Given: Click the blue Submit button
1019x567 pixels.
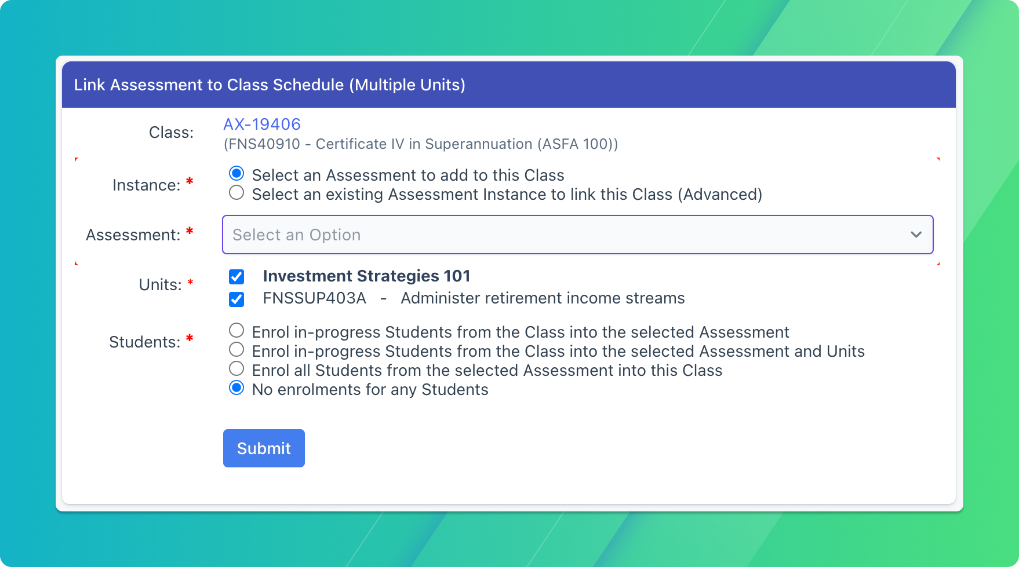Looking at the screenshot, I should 264,448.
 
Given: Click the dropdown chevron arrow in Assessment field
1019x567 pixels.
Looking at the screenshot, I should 916,235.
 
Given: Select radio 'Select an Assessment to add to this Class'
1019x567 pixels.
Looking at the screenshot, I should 236,174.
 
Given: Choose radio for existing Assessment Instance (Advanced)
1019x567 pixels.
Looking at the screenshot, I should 236,193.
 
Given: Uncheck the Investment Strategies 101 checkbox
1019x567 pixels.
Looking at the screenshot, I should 236,277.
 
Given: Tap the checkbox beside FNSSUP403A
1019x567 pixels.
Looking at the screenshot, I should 236,299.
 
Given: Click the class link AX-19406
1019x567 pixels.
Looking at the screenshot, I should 262,124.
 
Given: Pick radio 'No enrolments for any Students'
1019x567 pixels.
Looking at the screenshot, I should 236,388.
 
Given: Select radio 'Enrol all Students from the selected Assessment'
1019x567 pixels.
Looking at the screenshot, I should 236,369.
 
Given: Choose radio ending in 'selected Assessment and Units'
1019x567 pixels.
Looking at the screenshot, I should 236,350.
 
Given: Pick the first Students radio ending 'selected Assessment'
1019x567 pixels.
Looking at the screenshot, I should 236,331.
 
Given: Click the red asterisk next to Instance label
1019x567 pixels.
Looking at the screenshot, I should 190,182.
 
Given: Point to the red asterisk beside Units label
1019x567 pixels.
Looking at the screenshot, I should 190,283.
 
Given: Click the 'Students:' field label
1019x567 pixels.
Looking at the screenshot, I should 145,342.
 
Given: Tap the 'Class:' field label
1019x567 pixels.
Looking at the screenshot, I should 171,133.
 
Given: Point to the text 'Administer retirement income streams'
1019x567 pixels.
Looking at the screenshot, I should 543,298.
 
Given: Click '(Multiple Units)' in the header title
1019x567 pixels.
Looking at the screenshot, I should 407,85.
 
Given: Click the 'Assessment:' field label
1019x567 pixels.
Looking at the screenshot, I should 133,235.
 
